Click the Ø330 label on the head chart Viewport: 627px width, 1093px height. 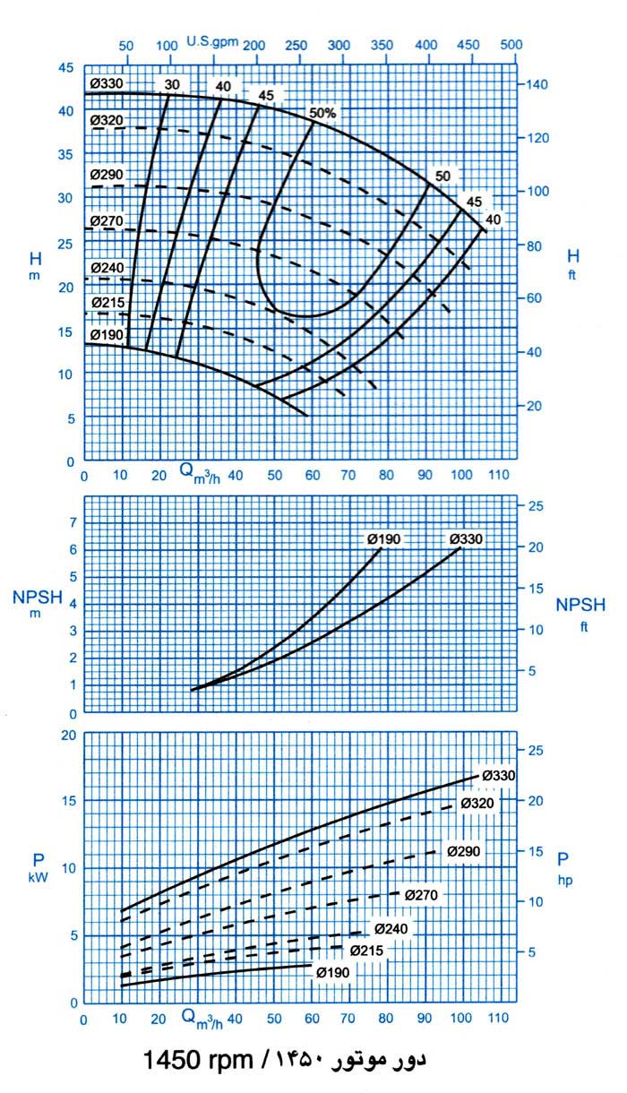point(106,84)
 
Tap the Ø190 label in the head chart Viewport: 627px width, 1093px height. point(106,335)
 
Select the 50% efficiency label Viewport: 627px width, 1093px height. point(322,113)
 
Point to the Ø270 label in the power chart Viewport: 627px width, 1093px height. point(420,894)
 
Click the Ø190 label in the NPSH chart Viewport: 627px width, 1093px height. point(383,538)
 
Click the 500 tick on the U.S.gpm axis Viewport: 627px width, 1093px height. point(511,44)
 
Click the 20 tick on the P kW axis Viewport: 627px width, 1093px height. point(66,736)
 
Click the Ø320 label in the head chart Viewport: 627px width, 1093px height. point(106,120)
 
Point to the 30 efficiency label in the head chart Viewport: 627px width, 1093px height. point(172,85)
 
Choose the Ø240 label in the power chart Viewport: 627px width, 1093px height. point(391,928)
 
